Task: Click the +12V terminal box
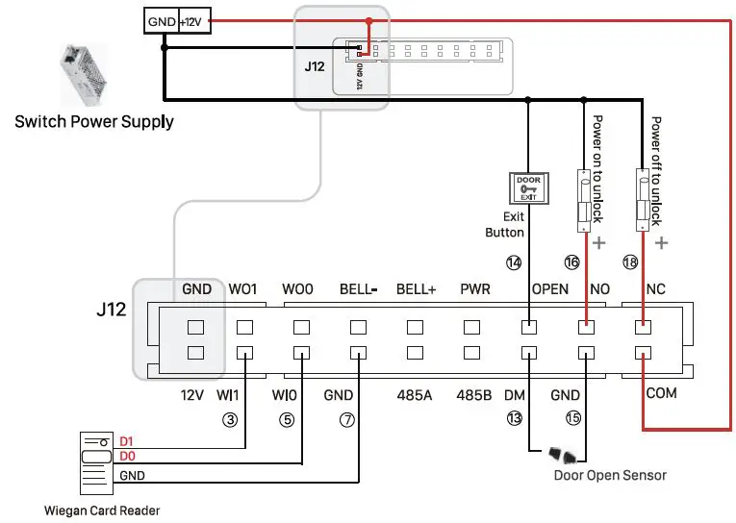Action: [193, 20]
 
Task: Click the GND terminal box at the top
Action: [161, 20]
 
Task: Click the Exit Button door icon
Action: [529, 187]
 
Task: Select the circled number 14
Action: [514, 261]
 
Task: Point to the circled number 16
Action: [572, 261]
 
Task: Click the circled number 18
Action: [631, 261]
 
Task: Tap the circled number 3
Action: [230, 419]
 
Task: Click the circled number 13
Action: [514, 419]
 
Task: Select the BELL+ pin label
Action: [416, 288]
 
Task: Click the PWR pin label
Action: [475, 288]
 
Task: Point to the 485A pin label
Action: [416, 394]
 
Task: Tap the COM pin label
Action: [662, 393]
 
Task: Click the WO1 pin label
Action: [244, 288]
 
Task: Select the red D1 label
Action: [126, 441]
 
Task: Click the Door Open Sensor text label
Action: [610, 475]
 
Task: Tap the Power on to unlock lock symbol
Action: [583, 199]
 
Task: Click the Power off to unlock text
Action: [656, 170]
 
